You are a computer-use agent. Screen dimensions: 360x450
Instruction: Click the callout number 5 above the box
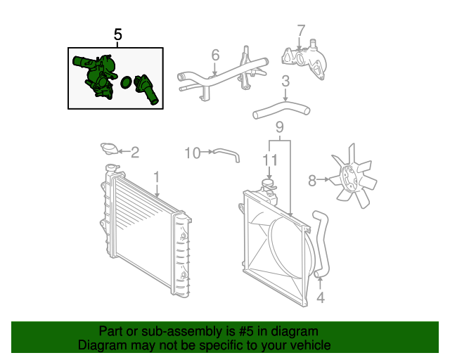[117, 34]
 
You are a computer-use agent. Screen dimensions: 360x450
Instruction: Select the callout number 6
[215, 55]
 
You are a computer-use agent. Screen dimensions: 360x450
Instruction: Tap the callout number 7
[300, 31]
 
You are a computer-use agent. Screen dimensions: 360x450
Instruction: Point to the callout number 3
[285, 82]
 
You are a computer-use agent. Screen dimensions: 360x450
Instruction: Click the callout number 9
[279, 127]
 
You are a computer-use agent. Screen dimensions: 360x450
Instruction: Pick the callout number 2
[135, 151]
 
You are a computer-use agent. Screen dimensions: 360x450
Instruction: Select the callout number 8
[312, 181]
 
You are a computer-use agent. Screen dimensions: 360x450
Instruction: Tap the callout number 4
[321, 297]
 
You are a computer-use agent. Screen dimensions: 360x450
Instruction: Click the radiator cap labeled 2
[109, 149]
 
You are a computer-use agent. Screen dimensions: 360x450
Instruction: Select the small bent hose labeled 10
[226, 153]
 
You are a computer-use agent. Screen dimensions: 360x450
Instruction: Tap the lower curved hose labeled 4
[323, 243]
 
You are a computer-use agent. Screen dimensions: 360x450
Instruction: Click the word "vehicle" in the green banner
[308, 345]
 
